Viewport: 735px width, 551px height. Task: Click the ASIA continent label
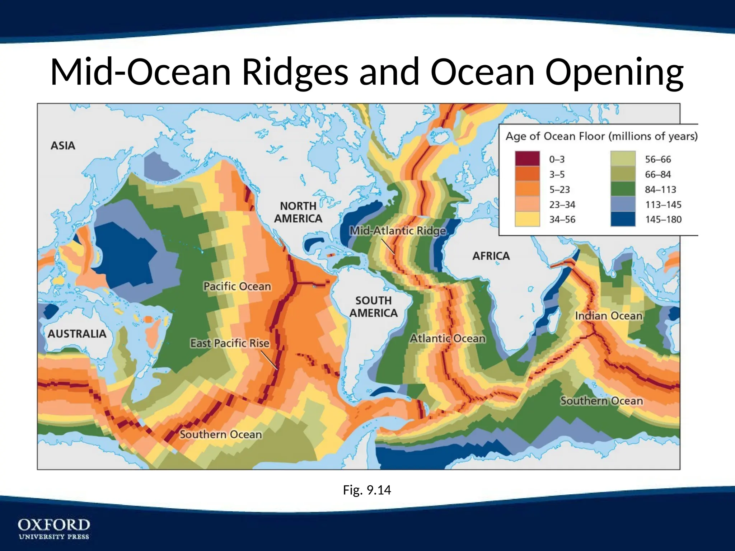63,146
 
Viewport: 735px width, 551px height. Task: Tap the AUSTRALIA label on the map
77,334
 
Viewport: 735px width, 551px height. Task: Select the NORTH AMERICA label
298,212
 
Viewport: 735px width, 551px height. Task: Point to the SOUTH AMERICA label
374,307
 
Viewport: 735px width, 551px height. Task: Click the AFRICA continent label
491,256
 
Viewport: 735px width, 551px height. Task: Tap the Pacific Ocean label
237,286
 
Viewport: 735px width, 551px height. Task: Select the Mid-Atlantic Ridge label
398,231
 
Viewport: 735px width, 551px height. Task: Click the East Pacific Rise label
230,343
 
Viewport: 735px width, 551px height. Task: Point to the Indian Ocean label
609,316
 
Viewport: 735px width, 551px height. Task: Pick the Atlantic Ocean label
448,338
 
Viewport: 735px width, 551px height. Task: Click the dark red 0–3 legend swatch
527,159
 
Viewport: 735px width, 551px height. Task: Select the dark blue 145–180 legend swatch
623,219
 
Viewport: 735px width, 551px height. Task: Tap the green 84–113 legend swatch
623,189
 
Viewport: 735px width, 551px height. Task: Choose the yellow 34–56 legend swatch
527,219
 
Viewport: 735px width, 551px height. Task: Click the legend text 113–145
663,204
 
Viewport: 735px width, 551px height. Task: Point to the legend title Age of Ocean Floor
601,136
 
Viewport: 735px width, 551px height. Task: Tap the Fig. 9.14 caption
367,490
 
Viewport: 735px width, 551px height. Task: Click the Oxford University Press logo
54,528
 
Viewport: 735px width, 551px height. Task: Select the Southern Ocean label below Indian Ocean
602,401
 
